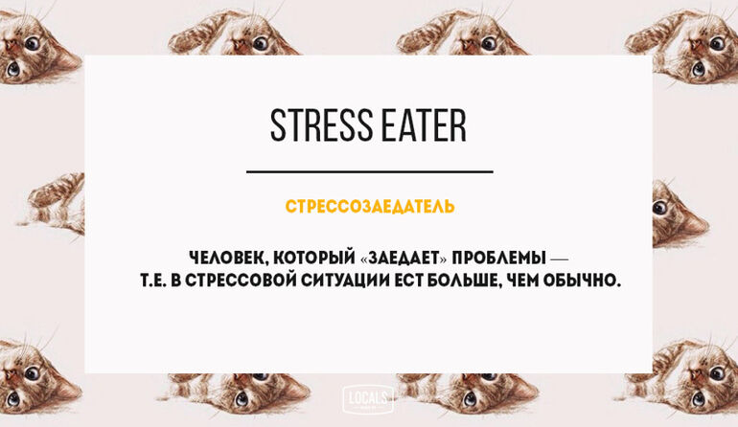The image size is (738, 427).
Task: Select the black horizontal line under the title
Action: [369, 171]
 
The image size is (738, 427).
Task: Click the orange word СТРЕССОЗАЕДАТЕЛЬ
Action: [370, 207]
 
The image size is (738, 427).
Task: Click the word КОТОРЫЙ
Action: [314, 258]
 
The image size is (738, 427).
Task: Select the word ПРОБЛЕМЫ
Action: [499, 258]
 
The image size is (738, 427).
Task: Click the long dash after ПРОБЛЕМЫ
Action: [559, 258]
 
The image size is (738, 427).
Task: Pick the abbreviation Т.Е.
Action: [153, 281]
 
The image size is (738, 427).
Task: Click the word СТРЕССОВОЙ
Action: [241, 281]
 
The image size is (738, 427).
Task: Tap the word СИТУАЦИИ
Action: [345, 281]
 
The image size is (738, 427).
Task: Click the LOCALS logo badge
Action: [368, 399]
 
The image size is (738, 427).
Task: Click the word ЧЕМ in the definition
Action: [521, 281]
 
